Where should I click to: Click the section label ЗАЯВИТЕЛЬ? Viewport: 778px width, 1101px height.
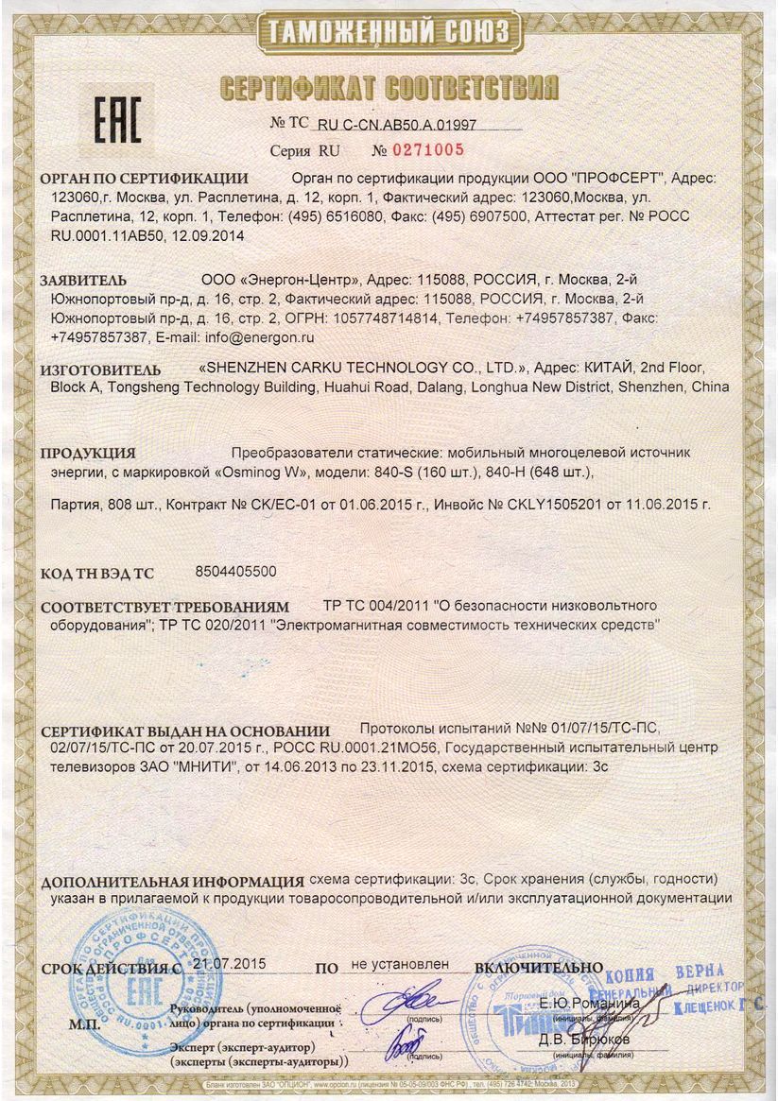click(82, 281)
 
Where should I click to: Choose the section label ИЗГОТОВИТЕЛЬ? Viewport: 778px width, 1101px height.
click(99, 369)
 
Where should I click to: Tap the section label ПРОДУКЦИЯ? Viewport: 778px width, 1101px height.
click(88, 454)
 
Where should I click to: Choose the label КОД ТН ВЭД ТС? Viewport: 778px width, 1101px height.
click(95, 574)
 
